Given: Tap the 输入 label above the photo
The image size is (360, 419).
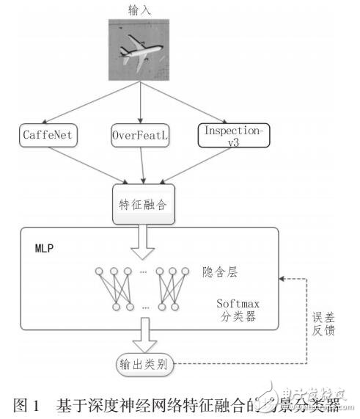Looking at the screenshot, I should pos(139,8).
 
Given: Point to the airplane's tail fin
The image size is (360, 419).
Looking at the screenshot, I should pos(164,42).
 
